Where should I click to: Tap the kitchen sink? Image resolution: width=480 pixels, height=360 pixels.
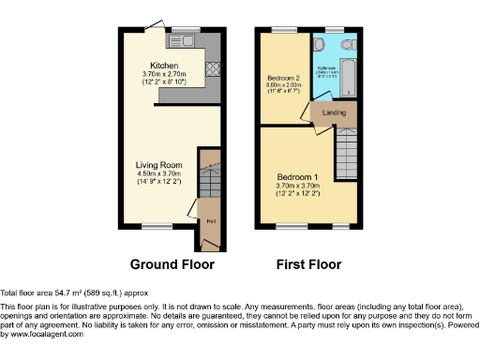coord(183,42)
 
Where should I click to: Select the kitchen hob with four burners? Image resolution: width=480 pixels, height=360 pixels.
coord(211,68)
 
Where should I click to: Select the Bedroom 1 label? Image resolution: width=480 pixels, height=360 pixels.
coord(297,176)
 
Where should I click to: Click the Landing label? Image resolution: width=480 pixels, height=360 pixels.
coord(334,112)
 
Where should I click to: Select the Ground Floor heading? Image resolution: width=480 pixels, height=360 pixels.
coord(172,264)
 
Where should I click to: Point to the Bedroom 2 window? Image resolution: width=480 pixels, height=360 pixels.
coord(282,30)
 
